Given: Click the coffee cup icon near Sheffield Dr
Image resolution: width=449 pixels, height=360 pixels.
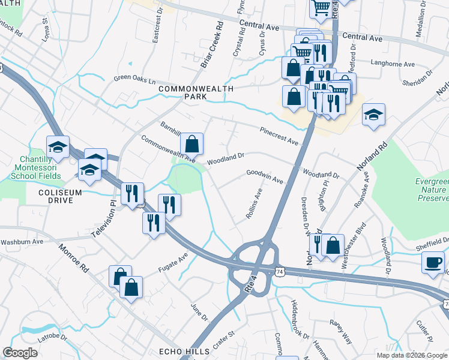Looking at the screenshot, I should click(433, 262).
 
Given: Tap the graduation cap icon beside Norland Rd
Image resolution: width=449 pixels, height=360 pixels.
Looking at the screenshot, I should click(373, 114).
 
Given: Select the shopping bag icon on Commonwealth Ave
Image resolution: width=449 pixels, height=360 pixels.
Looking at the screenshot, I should click(191, 144).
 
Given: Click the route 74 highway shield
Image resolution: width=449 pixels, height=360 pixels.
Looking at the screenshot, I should click(280, 272).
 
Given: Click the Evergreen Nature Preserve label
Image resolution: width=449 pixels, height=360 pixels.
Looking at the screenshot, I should click(432, 189).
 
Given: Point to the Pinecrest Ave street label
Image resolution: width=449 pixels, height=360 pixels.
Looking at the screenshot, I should click(279, 136).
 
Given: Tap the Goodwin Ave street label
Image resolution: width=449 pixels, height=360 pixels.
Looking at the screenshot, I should click(264, 176).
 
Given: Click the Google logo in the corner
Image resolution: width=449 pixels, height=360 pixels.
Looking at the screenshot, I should click(20, 353).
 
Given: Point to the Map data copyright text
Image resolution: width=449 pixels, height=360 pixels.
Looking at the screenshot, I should click(411, 355).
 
